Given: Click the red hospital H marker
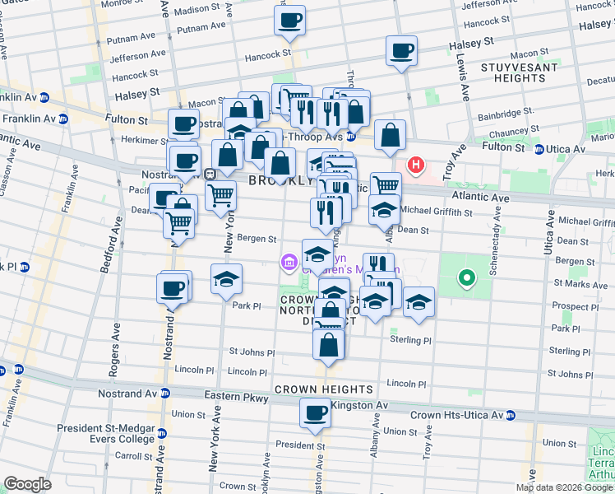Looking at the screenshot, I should pyautogui.click(x=417, y=165).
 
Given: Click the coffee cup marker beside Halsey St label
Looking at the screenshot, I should pyautogui.click(x=402, y=52).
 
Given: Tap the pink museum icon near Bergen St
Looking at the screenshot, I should pyautogui.click(x=288, y=263).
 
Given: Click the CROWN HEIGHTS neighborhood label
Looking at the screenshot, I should pyautogui.click(x=324, y=389).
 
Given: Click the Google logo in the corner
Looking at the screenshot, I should pyautogui.click(x=27, y=484).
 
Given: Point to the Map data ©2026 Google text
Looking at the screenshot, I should pyautogui.click(x=564, y=487).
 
